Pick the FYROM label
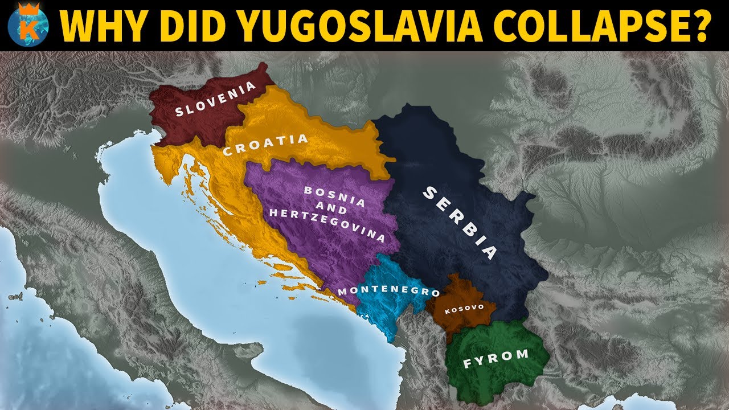click(x=495, y=359)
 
